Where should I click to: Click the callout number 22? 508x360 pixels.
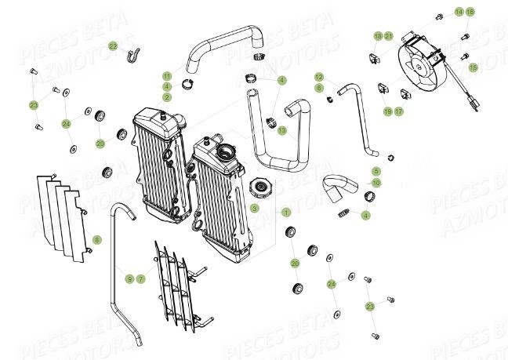coord(113,45)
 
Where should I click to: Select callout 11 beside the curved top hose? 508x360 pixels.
coord(167,76)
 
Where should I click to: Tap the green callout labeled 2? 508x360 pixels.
coord(167,96)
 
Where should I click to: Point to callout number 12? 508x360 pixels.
coord(320,77)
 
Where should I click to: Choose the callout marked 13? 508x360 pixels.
coord(281,130)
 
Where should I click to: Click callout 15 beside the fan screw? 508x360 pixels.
coord(474,67)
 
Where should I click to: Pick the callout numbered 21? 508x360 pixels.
coord(388,36)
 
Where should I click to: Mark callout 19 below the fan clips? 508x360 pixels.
coord(387,111)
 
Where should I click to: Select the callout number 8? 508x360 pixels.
coord(96,238)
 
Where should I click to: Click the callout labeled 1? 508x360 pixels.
coord(286,213)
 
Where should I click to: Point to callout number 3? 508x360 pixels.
coord(255,208)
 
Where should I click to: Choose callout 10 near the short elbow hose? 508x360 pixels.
coord(376,182)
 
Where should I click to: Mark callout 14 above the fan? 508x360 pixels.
coord(459,13)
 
